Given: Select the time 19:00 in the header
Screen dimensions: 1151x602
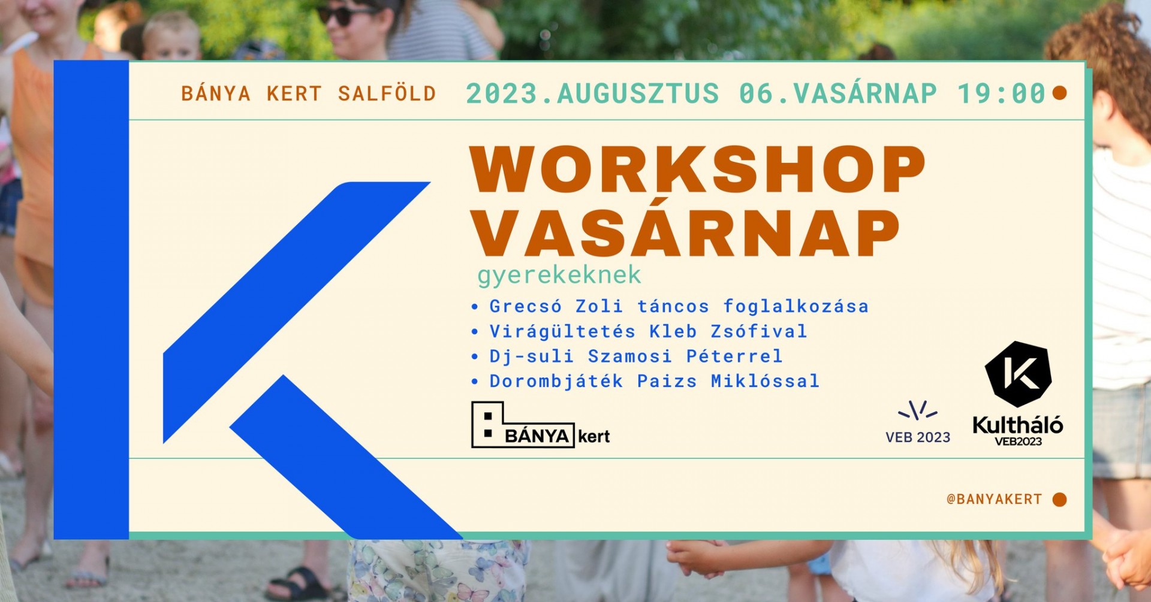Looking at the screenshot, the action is click(1001, 94).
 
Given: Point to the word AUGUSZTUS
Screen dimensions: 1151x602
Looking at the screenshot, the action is click(638, 94).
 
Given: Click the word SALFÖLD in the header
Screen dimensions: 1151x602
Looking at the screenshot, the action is click(387, 94).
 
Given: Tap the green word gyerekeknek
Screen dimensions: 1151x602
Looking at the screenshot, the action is click(559, 276).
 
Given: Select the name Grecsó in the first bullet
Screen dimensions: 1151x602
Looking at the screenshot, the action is click(526, 306).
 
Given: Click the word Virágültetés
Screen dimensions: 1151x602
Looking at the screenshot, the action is click(562, 331).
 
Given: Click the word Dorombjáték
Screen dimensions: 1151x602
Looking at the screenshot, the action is click(556, 381).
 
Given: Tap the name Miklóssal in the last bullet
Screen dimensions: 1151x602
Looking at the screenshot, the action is click(765, 381).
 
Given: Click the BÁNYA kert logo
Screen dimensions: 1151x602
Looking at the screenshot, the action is click(541, 425).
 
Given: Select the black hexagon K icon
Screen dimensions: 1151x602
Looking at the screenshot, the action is click(1018, 374).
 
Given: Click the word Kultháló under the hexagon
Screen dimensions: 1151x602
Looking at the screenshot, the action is click(1018, 425).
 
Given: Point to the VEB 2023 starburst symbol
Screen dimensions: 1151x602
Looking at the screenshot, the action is click(918, 410).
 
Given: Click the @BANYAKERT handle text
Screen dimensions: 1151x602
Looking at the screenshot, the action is click(995, 499).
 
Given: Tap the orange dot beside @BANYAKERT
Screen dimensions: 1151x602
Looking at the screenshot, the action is click(1060, 500).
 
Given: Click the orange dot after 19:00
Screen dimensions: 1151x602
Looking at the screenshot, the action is click(1060, 93).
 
